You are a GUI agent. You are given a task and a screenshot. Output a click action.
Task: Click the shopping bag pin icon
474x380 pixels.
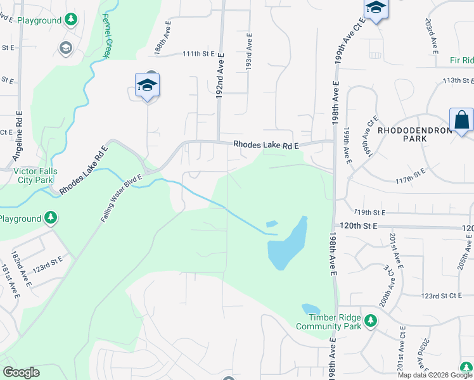pos(461,120)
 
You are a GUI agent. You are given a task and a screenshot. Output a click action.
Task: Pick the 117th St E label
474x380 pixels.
pos(411,172)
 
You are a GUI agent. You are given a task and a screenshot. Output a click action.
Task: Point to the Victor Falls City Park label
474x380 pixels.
pos(35,175)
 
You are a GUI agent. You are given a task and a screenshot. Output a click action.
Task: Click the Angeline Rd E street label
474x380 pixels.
pos(18,136)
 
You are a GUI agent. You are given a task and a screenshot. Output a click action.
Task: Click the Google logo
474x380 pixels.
pos(21,372)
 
